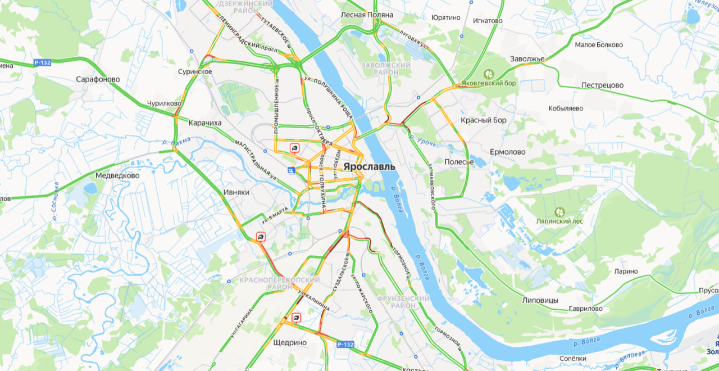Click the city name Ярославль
point(369,167)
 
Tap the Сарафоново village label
point(98,79)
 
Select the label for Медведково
point(117,175)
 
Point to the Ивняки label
point(236,192)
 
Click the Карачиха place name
point(205,123)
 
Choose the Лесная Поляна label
point(367,15)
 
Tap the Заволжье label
point(527,59)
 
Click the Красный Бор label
point(484,120)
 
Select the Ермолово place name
point(508,152)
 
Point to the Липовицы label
point(540,300)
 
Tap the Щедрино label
point(289,342)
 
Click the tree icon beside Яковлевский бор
point(489,74)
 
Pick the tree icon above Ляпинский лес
point(559,212)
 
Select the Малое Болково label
point(599,45)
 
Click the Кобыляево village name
point(566,108)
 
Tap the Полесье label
point(459,162)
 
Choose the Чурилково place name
point(164,103)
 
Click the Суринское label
point(195,71)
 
